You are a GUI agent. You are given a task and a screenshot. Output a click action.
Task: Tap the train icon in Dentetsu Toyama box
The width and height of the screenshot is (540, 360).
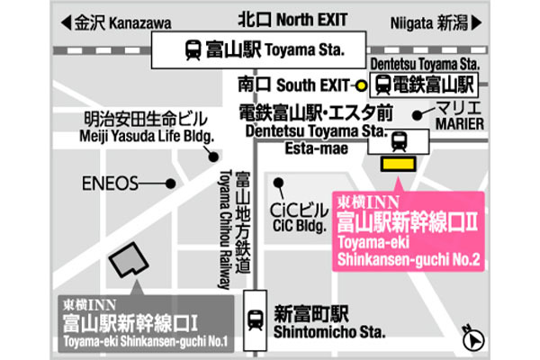382,86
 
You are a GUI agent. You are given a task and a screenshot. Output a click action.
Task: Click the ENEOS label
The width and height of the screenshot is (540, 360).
111,184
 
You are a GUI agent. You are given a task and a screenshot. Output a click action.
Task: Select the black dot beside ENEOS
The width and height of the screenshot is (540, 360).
170,184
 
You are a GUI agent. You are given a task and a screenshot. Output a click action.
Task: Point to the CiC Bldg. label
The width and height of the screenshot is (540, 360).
296,213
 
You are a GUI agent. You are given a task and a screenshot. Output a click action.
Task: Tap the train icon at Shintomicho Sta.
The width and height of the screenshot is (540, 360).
256,318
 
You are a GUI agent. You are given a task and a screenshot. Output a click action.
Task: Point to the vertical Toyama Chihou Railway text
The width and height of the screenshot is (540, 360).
224,229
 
